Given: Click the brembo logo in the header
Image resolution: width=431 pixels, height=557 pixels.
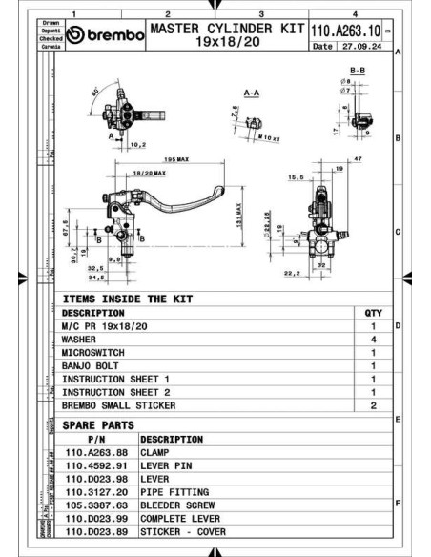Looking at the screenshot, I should pos(105,36).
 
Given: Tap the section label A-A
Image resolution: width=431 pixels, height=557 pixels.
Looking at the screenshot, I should pos(253,93).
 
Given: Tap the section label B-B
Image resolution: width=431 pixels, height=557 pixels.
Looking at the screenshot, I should pos(359,72).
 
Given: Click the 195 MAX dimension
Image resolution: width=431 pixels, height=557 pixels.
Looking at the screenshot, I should pos(174,158).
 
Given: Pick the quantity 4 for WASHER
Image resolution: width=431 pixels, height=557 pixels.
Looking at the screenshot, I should pos(373,339).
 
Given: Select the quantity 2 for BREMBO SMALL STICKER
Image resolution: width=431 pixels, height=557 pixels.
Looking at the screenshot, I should pos(373,405).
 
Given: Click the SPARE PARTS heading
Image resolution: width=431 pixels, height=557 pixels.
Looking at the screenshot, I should pos(98,424).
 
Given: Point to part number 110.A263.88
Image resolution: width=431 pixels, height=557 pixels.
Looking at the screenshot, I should pos(96,452).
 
